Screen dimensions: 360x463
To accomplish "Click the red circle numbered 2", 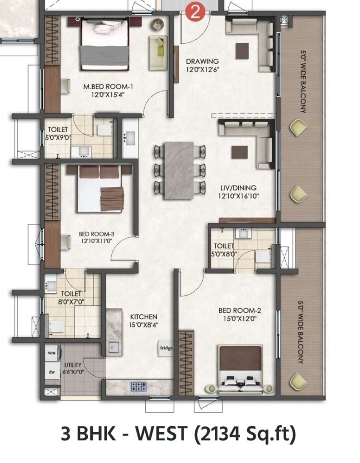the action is point(195,12).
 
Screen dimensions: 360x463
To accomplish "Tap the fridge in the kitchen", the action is point(166,348).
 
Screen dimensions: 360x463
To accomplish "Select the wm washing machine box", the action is point(52,352).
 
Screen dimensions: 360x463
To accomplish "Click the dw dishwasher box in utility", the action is point(52,372).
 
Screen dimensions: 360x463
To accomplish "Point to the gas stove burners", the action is point(138,386).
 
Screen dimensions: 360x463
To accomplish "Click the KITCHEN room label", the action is point(143,317).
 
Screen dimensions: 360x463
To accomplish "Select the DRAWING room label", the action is point(202,61).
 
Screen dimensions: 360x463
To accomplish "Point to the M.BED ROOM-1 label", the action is point(108,87).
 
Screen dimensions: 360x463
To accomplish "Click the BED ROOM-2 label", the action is point(240,311).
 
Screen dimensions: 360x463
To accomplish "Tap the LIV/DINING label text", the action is point(238,188).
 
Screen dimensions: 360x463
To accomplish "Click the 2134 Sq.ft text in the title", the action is point(245,434).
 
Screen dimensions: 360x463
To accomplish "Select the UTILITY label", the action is point(73,365).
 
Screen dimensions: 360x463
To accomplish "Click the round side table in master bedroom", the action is point(158,24).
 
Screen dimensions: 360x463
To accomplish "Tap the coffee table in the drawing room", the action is point(242,51).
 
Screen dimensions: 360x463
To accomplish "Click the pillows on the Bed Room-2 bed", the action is point(241,382).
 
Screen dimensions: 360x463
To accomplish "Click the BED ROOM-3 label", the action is point(96,234).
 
